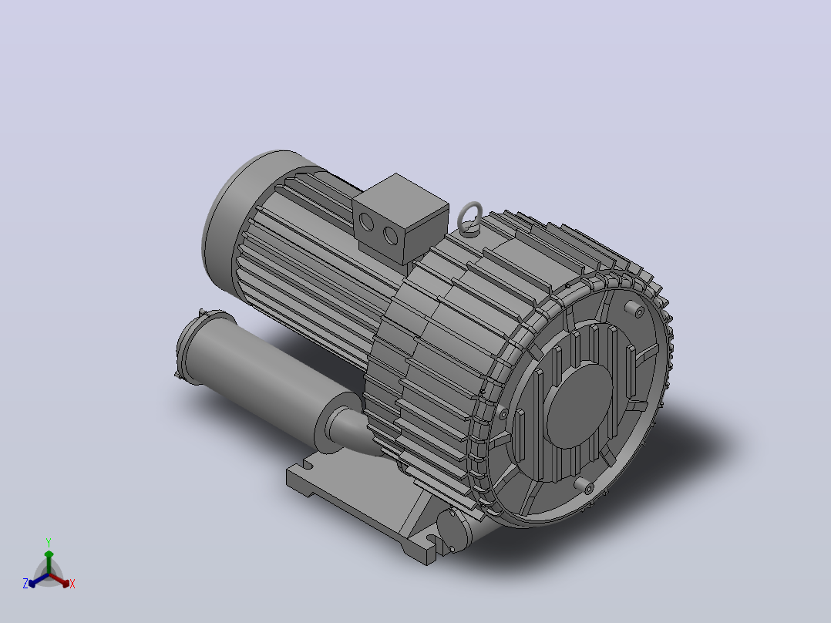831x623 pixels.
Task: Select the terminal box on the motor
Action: pyautogui.click(x=401, y=218)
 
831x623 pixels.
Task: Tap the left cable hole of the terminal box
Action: pyautogui.click(x=366, y=222)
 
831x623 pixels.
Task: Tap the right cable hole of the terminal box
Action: pyautogui.click(x=391, y=235)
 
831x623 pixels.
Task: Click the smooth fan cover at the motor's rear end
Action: pyautogui.click(x=233, y=212)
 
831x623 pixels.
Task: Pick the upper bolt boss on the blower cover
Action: pyautogui.click(x=634, y=309)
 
